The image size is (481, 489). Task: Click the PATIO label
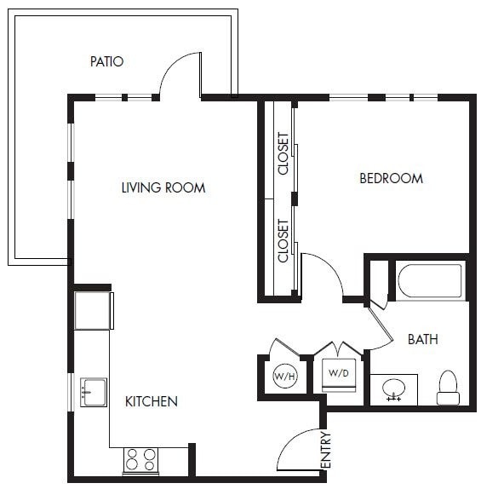107,61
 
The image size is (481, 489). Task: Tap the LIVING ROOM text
163,187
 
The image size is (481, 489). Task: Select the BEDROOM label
391,178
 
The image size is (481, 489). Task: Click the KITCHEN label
152,401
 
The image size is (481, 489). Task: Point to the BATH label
422,339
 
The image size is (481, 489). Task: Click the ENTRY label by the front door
326,451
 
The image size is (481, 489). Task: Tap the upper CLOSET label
283,153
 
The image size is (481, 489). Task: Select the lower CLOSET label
283,241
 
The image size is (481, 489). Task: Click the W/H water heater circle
283,376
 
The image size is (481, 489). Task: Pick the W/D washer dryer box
338,373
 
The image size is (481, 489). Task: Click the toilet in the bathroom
448,388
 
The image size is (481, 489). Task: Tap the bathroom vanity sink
393,389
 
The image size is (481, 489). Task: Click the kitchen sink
93,392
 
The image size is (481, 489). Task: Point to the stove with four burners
141,460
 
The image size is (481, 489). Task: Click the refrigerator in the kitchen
93,311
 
